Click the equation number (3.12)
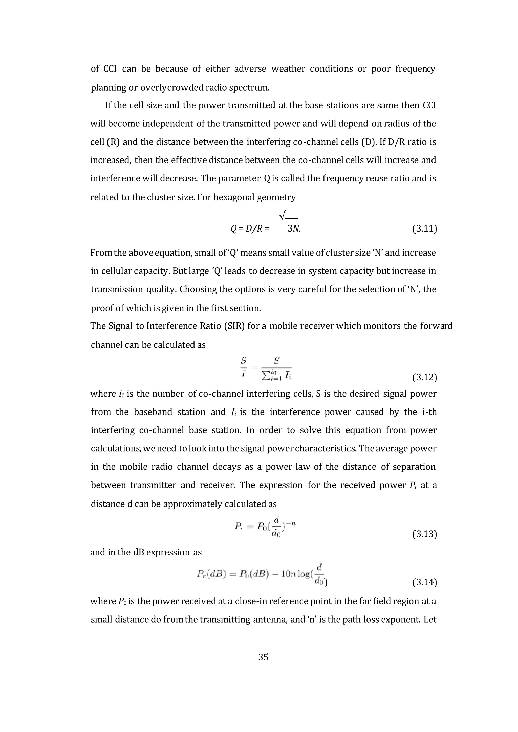coord(424,378)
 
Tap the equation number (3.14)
coord(424,582)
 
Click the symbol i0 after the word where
coord(121,394)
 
